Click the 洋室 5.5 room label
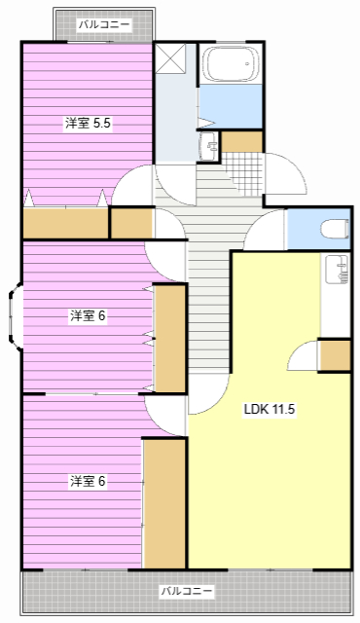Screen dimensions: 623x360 pyautogui.click(x=89, y=123)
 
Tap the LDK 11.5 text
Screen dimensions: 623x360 pyautogui.click(x=269, y=409)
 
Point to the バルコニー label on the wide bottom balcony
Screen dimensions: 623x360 pyautogui.click(x=186, y=591)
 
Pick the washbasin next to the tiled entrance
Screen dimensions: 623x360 pyautogui.click(x=210, y=146)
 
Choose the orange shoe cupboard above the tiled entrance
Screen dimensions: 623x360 pyautogui.click(x=242, y=141)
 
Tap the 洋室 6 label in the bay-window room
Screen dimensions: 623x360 pyautogui.click(x=88, y=315)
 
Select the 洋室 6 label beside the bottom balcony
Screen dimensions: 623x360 pyautogui.click(x=88, y=481)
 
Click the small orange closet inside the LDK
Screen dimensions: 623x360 pyautogui.click(x=335, y=355)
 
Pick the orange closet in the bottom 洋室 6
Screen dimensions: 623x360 pyautogui.click(x=164, y=502)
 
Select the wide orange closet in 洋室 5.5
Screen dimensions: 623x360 pyautogui.click(x=65, y=223)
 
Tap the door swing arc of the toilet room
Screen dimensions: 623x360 pyautogui.click(x=267, y=232)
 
